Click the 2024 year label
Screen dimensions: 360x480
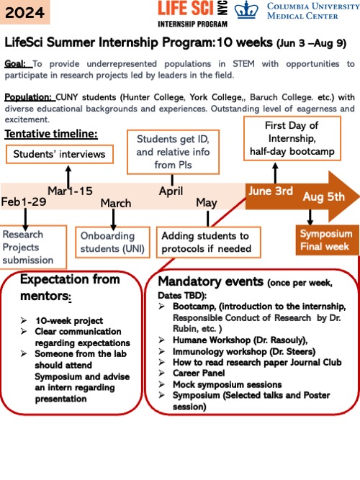click(24, 12)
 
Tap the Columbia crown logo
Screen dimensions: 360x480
click(246, 10)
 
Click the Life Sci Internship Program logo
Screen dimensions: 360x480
click(193, 14)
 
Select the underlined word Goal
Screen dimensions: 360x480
click(15, 64)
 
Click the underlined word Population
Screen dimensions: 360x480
click(28, 97)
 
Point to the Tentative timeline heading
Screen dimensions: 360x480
click(51, 134)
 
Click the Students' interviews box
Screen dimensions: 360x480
click(60, 154)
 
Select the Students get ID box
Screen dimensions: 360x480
click(173, 152)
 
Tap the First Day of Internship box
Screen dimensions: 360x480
click(292, 138)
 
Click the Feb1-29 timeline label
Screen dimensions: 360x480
click(24, 201)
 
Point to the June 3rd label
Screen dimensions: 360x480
click(271, 191)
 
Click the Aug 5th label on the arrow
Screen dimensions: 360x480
click(323, 197)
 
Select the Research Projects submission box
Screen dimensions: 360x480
click(32, 247)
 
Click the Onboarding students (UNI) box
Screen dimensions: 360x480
click(112, 242)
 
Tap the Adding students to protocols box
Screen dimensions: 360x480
click(208, 242)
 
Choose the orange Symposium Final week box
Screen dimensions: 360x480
click(327, 240)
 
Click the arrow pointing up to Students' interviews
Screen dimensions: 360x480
click(68, 176)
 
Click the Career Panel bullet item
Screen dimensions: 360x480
click(199, 373)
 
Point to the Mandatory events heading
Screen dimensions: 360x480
click(210, 281)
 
